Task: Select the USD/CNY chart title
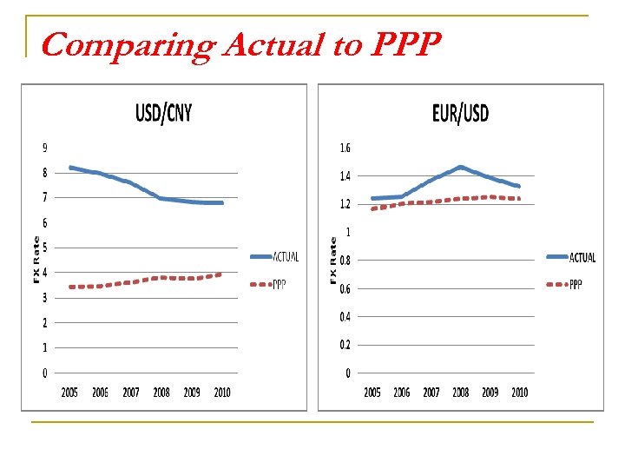coord(163,113)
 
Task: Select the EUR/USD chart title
coord(460,113)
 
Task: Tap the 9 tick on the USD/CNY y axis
coord(44,148)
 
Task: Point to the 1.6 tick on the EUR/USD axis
coord(345,149)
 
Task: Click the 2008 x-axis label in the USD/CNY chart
coord(161,393)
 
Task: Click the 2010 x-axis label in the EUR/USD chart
coord(519,393)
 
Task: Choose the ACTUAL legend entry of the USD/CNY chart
coord(286,256)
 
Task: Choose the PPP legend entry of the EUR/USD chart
coord(576,284)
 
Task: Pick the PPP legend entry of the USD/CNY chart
coord(280,284)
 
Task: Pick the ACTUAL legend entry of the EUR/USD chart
coord(582,256)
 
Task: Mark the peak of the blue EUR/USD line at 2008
coord(460,167)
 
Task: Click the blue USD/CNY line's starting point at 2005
coord(70,167)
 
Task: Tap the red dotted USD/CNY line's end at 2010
coord(221,274)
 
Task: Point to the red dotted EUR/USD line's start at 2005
coord(372,208)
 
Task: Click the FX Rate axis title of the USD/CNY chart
coord(36,259)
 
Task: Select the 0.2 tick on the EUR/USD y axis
coord(345,345)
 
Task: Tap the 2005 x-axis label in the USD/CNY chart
coord(69,393)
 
